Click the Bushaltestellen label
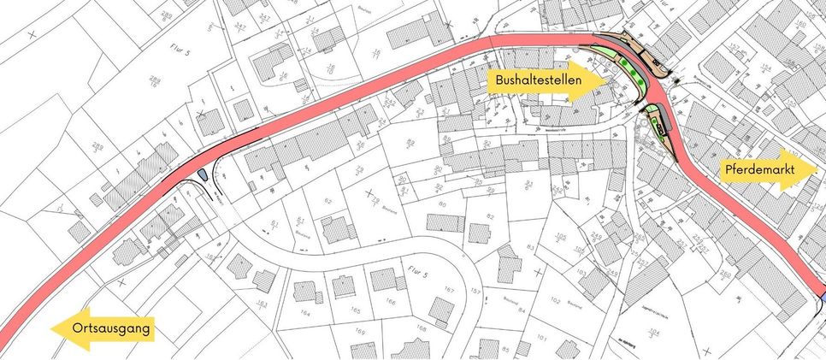(x=534, y=82)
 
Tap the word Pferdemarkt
(x=759, y=170)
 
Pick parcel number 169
(x=359, y=331)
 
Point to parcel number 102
(x=557, y=302)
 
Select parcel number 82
(x=491, y=215)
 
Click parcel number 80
(x=442, y=205)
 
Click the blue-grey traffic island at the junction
(x=203, y=174)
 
